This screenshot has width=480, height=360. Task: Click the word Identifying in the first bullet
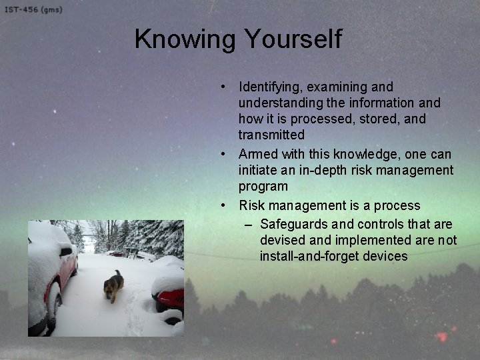pyautogui.click(x=270, y=87)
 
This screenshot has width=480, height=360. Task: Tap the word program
pyautogui.click(x=263, y=187)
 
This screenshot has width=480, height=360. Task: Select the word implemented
pyautogui.click(x=375, y=240)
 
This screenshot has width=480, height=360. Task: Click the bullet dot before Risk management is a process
pyautogui.click(x=227, y=205)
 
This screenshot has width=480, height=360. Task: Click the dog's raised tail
pyautogui.click(x=118, y=273)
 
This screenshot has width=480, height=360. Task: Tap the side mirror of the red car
pyautogui.click(x=66, y=252)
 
